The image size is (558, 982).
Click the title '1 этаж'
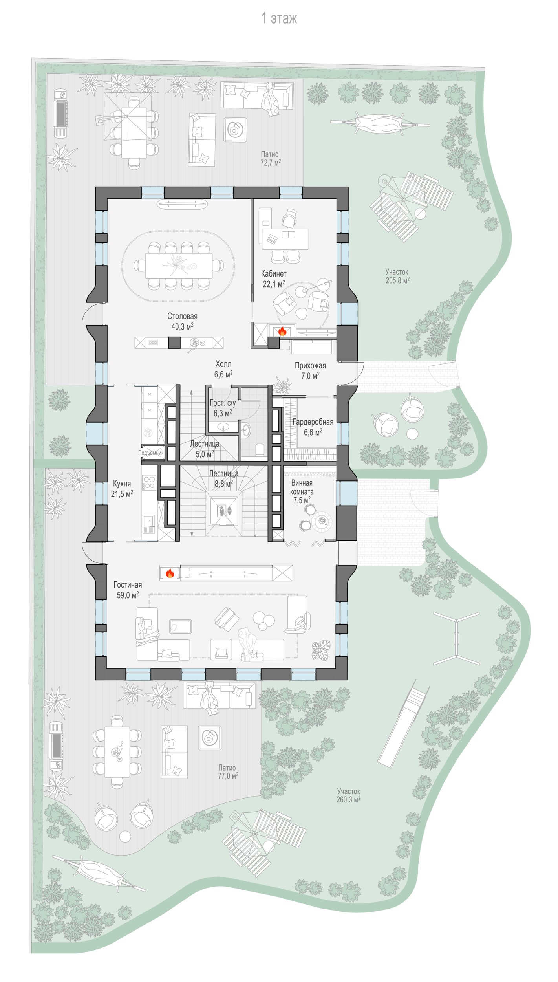pyautogui.click(x=279, y=18)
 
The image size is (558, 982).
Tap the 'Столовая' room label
pyautogui.click(x=182, y=316)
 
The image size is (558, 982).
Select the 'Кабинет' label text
pyautogui.click(x=274, y=273)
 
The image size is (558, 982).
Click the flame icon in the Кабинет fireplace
pyautogui.click(x=282, y=331)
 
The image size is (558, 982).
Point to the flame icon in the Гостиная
pyautogui.click(x=170, y=573)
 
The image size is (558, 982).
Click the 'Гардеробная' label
pyautogui.click(x=313, y=422)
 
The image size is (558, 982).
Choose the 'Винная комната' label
pyautogui.click(x=302, y=487)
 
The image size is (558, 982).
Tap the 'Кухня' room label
pyautogui.click(x=122, y=484)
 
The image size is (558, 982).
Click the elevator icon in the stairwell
pyautogui.click(x=222, y=511)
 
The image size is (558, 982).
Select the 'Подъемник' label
pyautogui.click(x=151, y=453)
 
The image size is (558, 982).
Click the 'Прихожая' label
pyautogui.click(x=310, y=366)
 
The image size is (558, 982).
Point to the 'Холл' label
pyautogui.click(x=223, y=364)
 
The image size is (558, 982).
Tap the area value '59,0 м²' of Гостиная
pyautogui.click(x=128, y=595)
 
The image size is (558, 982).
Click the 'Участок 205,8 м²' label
pyautogui.click(x=397, y=276)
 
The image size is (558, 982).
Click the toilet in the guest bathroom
pyautogui.click(x=260, y=450)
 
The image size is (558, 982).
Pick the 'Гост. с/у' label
pyautogui.click(x=223, y=403)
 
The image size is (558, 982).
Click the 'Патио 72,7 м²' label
pyautogui.click(x=270, y=158)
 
